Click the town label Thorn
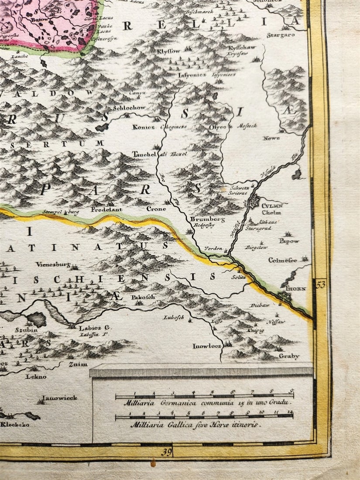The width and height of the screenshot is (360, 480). tap(296, 289)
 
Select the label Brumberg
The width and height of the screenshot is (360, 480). tap(207, 219)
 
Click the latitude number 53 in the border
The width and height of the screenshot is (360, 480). tap(321, 285)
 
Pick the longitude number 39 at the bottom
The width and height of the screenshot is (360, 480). tap(166, 452)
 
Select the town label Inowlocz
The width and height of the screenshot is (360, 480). tap(207, 346)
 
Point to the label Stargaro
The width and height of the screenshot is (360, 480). tap(281, 34)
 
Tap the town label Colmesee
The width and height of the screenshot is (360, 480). tap(282, 261)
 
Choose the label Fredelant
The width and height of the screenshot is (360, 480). tap(106, 209)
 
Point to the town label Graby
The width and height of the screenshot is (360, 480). tap(289, 356)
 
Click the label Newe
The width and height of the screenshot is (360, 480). tap(271, 138)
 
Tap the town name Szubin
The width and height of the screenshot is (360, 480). tap(26, 330)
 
